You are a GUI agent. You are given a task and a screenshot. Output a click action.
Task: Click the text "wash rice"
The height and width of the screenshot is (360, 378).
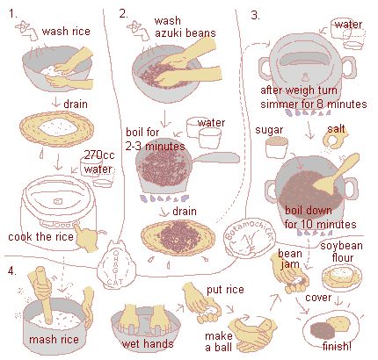66,32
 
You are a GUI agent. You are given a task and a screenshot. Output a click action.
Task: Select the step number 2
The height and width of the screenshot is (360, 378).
124,13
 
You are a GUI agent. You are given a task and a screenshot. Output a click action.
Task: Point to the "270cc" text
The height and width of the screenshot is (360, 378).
98,155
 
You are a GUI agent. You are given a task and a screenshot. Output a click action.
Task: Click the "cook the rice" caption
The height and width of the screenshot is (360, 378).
40,236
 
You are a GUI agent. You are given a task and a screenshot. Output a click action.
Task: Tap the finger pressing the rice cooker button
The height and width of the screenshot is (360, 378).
86,237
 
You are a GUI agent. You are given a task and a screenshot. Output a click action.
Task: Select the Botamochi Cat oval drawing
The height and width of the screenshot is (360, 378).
250,238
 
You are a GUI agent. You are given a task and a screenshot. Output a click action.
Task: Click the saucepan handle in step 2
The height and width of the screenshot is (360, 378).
215,158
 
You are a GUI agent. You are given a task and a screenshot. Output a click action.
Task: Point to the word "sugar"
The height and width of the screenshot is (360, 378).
269,130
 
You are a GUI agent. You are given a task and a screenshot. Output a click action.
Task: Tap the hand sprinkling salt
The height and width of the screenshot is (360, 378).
336,136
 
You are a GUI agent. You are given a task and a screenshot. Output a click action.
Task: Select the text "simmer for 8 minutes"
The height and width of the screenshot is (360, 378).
314,104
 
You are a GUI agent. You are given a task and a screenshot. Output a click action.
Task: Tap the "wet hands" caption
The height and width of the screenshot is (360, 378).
148,343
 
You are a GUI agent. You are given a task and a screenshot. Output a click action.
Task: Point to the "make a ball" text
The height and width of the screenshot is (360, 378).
219,342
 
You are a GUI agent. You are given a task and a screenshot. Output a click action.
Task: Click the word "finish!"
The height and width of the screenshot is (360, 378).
337,346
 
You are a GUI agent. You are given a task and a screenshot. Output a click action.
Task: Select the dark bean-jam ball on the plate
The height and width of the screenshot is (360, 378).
322,330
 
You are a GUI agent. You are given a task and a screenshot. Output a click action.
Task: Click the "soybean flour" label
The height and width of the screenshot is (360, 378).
341,252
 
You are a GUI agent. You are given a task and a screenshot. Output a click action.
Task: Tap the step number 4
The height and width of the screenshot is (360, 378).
12,270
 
